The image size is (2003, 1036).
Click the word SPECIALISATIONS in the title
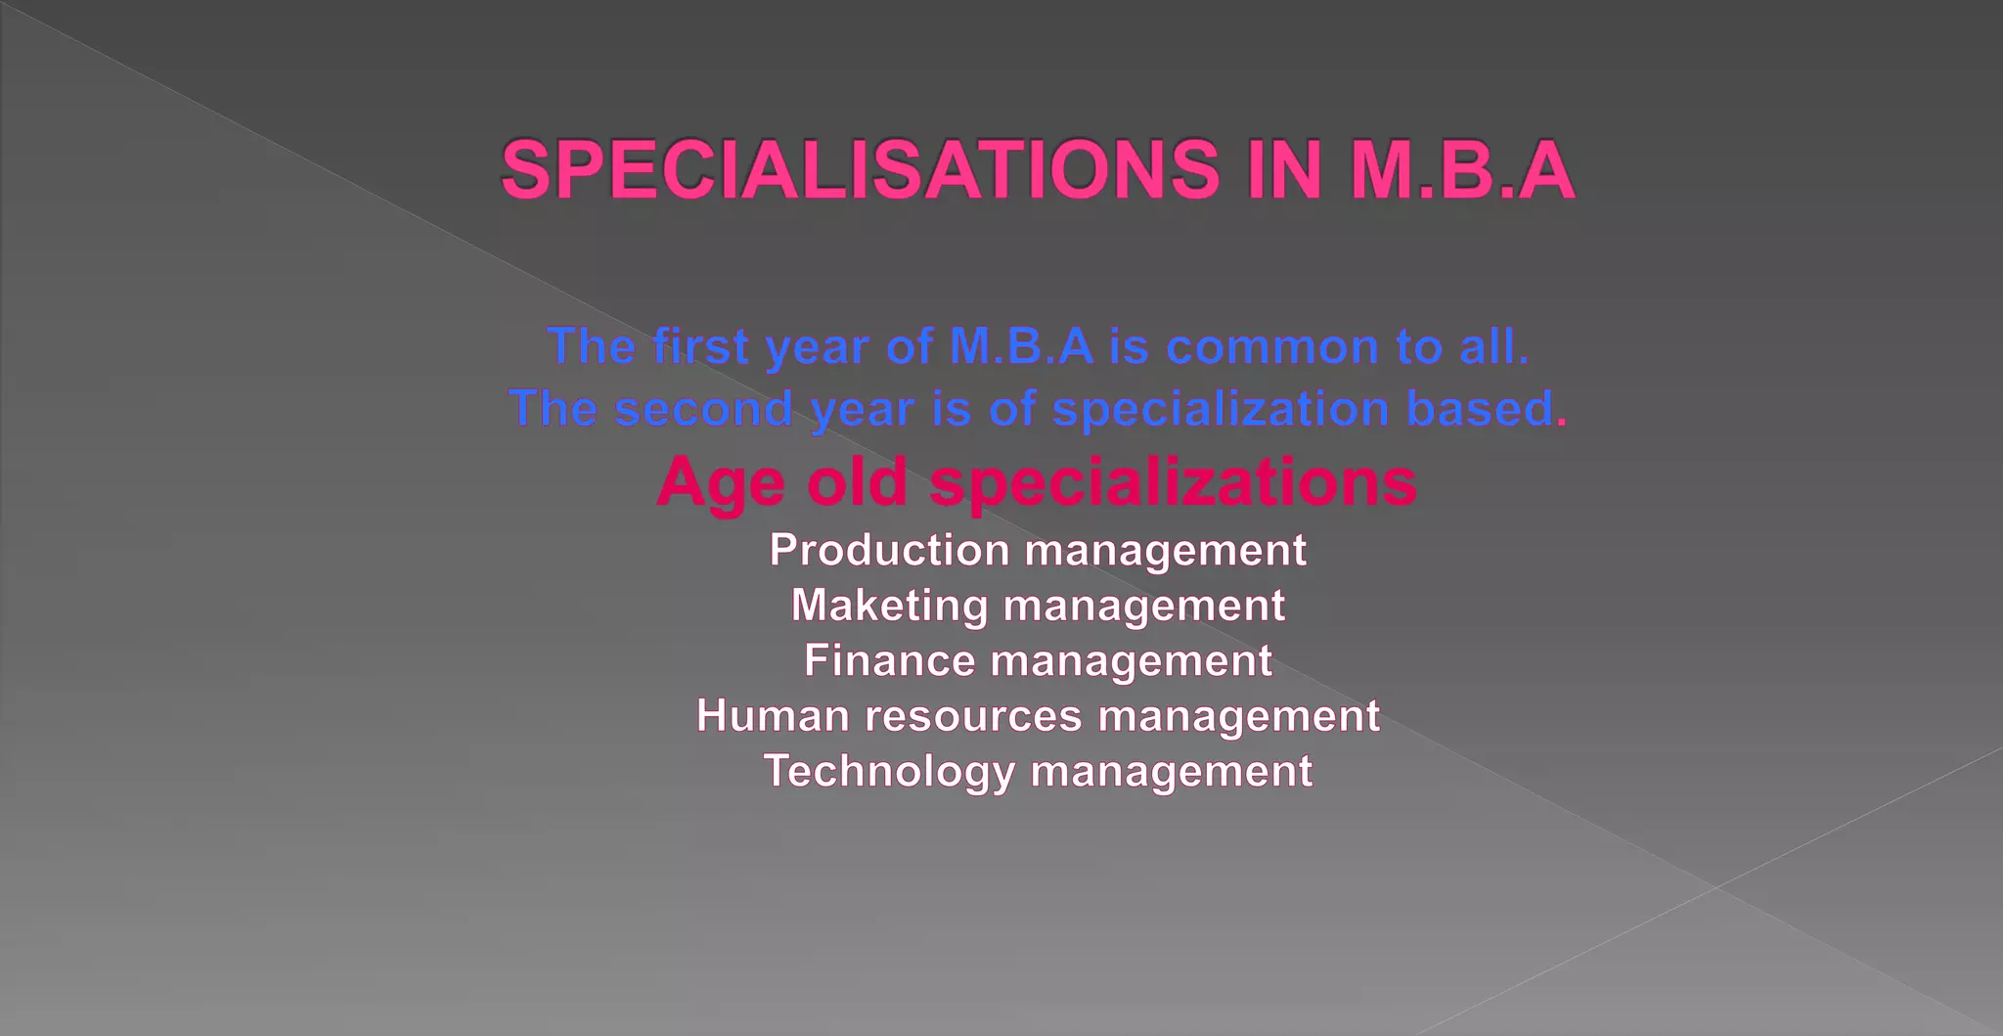click(x=861, y=170)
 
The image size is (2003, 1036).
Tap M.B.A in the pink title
click(x=1462, y=170)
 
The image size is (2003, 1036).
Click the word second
click(x=703, y=408)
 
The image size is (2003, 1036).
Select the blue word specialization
click(x=1221, y=409)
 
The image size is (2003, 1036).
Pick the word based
click(x=1479, y=408)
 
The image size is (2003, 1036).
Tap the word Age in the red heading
click(x=721, y=484)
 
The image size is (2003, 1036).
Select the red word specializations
click(x=1173, y=483)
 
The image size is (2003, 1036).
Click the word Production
click(x=889, y=550)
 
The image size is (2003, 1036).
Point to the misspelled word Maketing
click(x=889, y=606)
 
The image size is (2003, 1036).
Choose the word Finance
click(x=889, y=660)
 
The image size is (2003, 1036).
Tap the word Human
click(x=773, y=716)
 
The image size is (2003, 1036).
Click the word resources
click(x=973, y=716)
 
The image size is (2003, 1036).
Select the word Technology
click(x=889, y=772)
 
